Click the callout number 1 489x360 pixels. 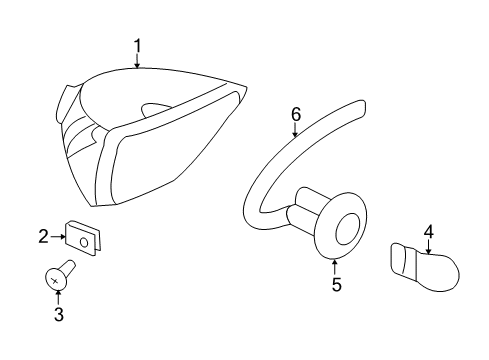pyautogui.click(x=137, y=45)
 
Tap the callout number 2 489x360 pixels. pyautogui.click(x=44, y=237)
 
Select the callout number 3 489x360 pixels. pyautogui.click(x=58, y=315)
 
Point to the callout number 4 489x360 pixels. pyautogui.click(x=428, y=233)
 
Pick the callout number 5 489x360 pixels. pyautogui.click(x=336, y=285)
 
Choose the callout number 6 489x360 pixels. pyautogui.click(x=296, y=114)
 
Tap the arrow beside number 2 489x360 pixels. pyautogui.click(x=57, y=237)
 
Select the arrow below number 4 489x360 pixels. pyautogui.click(x=428, y=249)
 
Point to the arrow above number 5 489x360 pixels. pyautogui.click(x=335, y=265)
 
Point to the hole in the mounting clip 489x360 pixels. pyautogui.click(x=85, y=240)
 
